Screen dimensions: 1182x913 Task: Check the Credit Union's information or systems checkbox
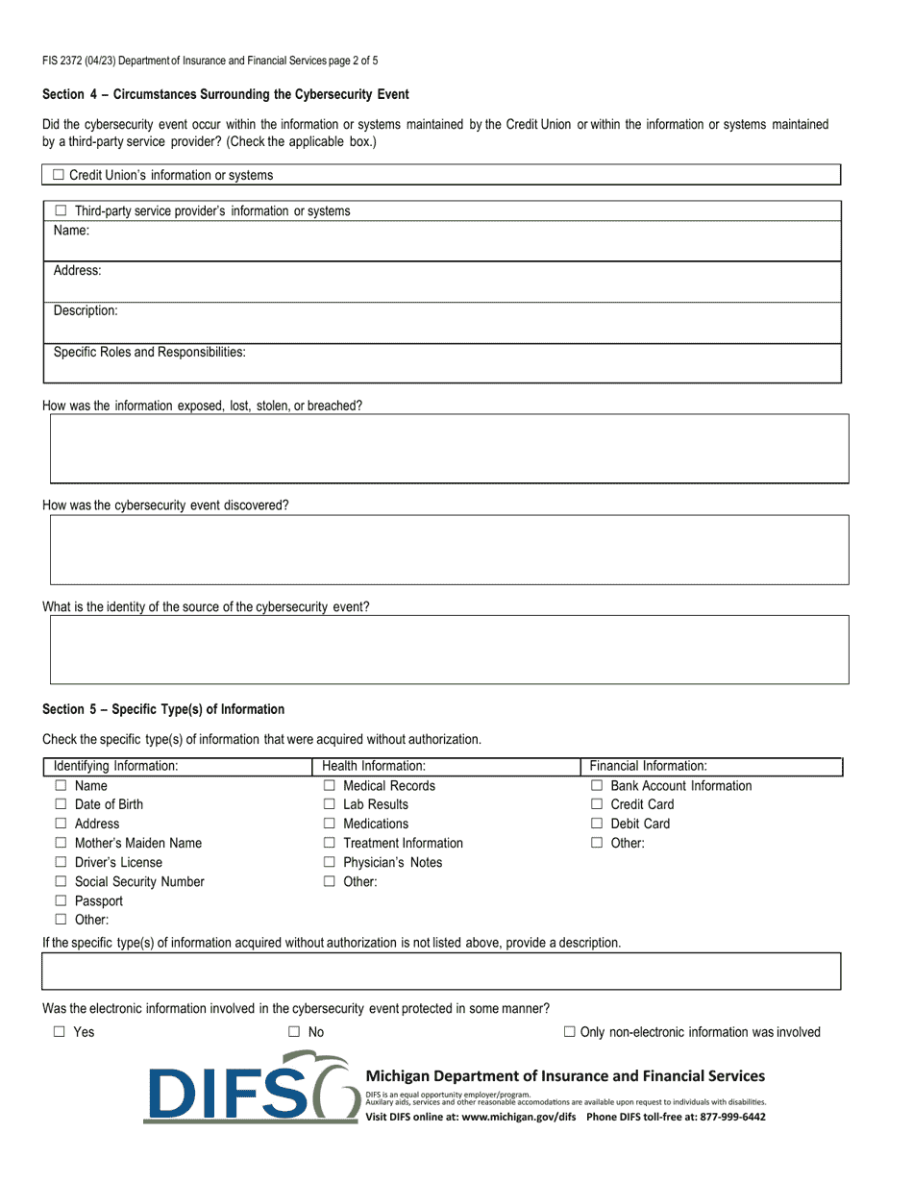pos(59,175)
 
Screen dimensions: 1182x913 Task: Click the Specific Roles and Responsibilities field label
pos(149,352)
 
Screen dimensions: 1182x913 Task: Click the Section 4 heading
pos(226,94)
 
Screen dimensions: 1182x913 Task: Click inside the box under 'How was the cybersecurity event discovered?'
pos(449,550)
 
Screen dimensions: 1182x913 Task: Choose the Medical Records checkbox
pos(329,785)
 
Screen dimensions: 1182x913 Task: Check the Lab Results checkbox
pos(329,804)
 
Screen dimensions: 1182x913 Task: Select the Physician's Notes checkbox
pos(329,862)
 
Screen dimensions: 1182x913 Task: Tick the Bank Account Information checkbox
pos(596,785)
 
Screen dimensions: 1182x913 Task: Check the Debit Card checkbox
pos(596,824)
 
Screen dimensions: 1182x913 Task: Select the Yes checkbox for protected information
pos(60,1032)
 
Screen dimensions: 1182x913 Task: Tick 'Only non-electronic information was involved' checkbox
pos(570,1032)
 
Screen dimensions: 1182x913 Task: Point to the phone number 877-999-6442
pos(726,1117)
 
